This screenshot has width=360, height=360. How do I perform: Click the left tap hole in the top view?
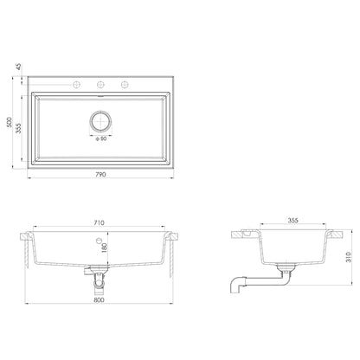click(78, 84)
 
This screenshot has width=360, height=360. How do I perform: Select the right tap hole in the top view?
click(125, 84)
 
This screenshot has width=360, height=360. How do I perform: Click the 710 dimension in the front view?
click(101, 223)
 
